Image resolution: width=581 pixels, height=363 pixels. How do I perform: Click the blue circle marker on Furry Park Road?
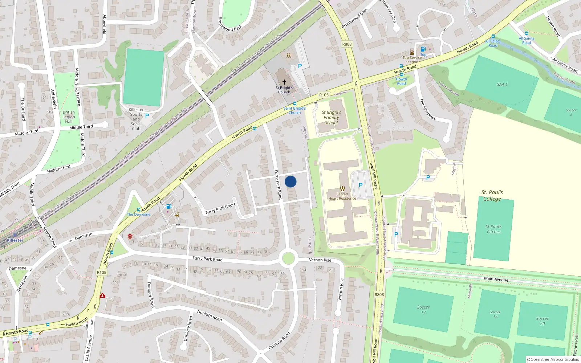tap(290, 181)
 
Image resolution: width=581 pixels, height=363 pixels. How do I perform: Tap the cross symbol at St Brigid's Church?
tap(284, 82)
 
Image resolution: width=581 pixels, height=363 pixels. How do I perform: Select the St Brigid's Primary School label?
tap(331, 117)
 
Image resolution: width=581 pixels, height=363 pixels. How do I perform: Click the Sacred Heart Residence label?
tap(342, 196)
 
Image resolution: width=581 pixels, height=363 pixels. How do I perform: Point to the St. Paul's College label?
tap(492, 196)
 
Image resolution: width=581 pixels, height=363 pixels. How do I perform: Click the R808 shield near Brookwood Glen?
tap(347, 44)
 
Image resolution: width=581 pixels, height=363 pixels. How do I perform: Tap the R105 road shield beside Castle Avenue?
tap(102, 272)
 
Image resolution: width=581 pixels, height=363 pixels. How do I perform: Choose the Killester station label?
tap(15, 240)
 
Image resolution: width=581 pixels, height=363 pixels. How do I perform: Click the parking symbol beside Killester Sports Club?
tap(147, 116)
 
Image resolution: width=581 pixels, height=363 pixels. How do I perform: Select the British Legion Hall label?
tap(69, 117)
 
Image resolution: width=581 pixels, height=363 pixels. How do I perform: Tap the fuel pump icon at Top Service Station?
tap(423, 49)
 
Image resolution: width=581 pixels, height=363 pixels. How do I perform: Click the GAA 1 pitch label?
tap(502, 85)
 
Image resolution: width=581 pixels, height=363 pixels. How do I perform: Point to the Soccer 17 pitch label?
tap(423, 309)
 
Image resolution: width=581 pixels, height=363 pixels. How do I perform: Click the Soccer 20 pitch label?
tap(542, 321)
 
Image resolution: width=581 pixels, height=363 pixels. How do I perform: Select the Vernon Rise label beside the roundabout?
tap(320, 260)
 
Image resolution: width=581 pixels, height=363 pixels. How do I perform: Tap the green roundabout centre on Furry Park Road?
tap(288, 258)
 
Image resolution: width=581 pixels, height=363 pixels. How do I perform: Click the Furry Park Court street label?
tap(220, 209)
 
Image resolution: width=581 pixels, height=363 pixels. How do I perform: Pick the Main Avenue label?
tap(496, 279)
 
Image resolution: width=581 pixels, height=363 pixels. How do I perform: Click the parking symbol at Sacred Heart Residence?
tap(361, 185)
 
